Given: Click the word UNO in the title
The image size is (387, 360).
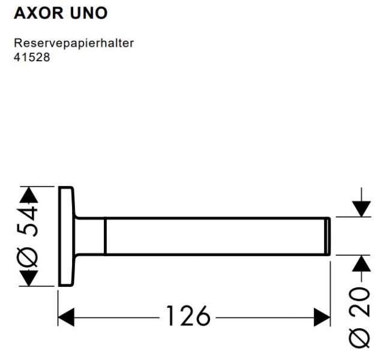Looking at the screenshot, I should coord(89,13).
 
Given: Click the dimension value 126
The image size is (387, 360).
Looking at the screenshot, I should coord(188,316).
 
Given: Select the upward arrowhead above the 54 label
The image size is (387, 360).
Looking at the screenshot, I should coord(28,196).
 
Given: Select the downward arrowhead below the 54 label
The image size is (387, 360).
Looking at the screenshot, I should coord(28,277).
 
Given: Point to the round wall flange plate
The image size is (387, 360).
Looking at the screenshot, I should coord(65,236).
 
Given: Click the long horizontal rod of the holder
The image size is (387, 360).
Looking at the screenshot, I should coord(216,236).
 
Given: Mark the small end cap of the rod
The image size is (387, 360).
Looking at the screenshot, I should coord(328,236).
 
